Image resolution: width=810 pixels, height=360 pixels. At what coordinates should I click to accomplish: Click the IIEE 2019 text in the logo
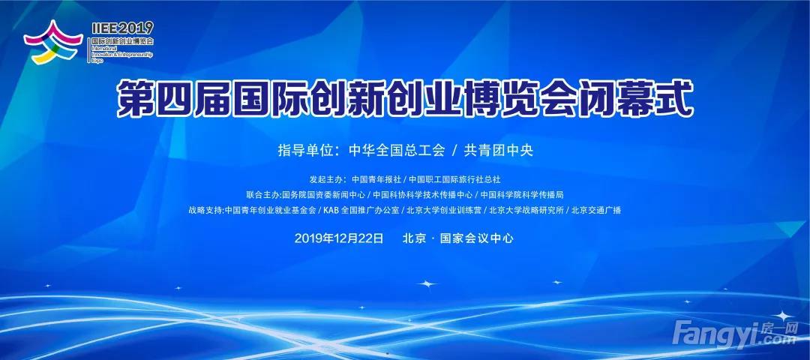click(x=122, y=28)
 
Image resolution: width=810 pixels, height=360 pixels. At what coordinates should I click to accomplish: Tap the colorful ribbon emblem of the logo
click(x=53, y=42)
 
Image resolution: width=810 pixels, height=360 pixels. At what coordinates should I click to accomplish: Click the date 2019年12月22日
click(x=339, y=238)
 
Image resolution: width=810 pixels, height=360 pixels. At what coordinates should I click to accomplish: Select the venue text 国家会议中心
click(x=476, y=238)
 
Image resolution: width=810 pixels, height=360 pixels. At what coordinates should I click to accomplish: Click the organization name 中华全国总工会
click(x=397, y=150)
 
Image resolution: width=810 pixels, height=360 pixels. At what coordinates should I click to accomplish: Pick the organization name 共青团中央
click(x=499, y=150)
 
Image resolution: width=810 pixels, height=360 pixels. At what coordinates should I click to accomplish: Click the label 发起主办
click(x=325, y=180)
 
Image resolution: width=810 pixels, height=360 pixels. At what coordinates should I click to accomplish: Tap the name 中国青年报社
click(x=376, y=180)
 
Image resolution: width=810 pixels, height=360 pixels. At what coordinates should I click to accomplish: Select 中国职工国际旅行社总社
click(x=454, y=180)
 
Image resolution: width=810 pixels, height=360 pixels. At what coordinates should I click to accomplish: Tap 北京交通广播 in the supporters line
click(x=596, y=211)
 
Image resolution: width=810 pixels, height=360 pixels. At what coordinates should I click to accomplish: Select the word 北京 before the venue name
click(x=413, y=238)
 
